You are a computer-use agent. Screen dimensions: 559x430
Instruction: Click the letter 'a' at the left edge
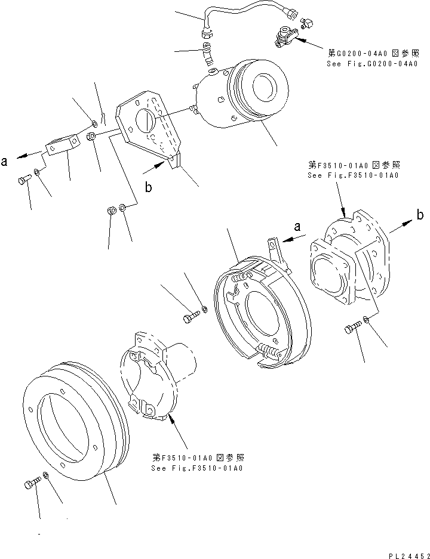pyautogui.click(x=5, y=161)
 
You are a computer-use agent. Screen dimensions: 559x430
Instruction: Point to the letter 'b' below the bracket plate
pyautogui.click(x=148, y=187)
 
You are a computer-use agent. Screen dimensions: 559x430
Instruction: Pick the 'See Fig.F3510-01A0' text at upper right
pyautogui.click(x=353, y=175)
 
